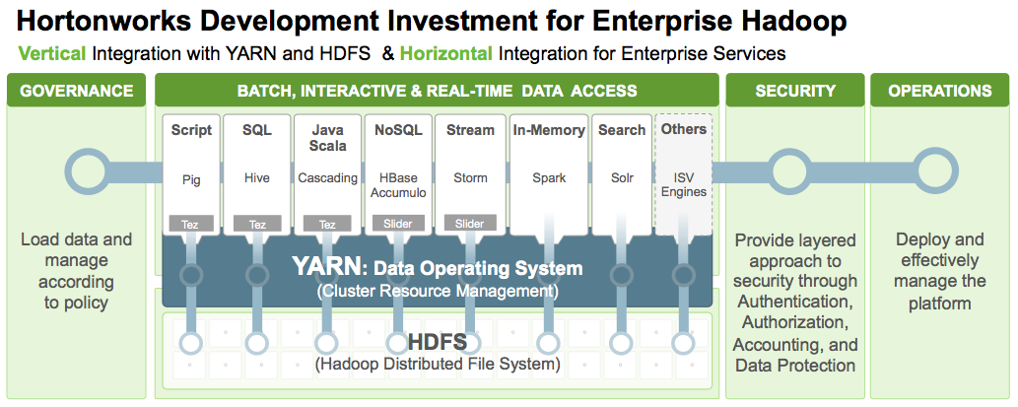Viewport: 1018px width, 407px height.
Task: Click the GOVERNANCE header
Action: coord(77,91)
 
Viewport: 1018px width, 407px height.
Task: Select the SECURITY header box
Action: coord(794,91)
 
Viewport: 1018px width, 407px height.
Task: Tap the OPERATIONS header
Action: coord(939,91)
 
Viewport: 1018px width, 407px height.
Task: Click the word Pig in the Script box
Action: coord(191,179)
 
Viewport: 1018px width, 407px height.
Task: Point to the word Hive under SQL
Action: coord(257,177)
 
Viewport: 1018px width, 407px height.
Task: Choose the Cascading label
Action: coord(328,178)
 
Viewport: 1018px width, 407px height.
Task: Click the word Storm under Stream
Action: coord(469,177)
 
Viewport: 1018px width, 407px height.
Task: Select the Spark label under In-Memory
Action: coord(549,178)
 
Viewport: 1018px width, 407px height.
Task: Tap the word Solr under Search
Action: coord(622,177)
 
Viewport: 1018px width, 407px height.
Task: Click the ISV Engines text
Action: coord(684,185)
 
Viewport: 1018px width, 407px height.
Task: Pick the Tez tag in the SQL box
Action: coord(258,225)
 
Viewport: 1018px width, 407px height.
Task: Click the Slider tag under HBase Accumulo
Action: coord(398,224)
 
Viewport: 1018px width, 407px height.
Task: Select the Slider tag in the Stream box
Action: coord(469,224)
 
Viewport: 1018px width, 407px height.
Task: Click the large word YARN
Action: coord(322,267)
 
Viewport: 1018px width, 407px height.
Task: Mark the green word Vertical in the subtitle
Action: coord(52,54)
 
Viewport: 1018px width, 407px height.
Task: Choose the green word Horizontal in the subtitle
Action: coord(446,54)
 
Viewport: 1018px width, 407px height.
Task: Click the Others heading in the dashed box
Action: coord(684,129)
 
